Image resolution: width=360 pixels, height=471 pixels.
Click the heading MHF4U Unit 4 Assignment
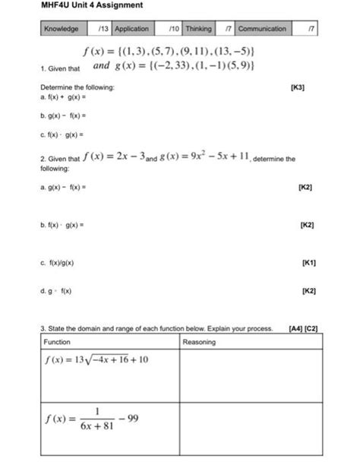pyautogui.click(x=81, y=6)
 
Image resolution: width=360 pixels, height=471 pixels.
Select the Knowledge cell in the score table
pyautogui.click(x=61, y=29)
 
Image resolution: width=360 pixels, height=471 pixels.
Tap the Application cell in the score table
pyautogui.click(x=131, y=29)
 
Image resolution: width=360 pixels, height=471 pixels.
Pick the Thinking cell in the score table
pyautogui.click(x=198, y=29)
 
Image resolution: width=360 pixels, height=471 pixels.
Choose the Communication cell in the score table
pyautogui.click(x=262, y=29)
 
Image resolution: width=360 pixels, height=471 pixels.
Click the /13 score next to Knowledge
pyautogui.click(x=103, y=29)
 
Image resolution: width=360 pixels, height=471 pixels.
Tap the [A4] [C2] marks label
pyautogui.click(x=303, y=329)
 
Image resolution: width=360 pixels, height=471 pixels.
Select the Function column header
pyautogui.click(x=58, y=342)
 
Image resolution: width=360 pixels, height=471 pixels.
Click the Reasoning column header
pyautogui.click(x=200, y=342)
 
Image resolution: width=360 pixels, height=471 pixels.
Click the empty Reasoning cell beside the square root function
pyautogui.click(x=251, y=372)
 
